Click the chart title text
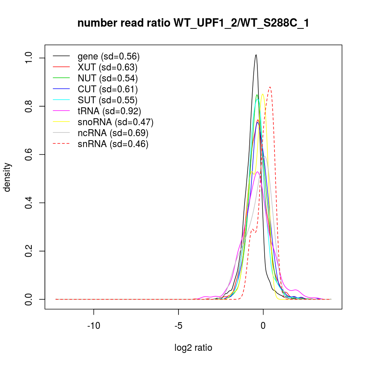193,23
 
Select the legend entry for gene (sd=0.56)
109,57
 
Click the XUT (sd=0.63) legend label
107,67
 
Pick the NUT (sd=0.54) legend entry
108,78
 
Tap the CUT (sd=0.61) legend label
108,89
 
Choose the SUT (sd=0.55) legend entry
107,100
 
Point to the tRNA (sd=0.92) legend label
109,111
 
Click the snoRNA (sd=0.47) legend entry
115,122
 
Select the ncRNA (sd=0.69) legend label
113,133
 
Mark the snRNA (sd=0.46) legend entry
113,144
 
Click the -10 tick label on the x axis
94,324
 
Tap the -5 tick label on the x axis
178,324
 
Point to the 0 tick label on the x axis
263,324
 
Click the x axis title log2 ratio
193,347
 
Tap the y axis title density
7,177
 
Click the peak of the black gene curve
256,55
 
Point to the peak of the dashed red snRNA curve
270,87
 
